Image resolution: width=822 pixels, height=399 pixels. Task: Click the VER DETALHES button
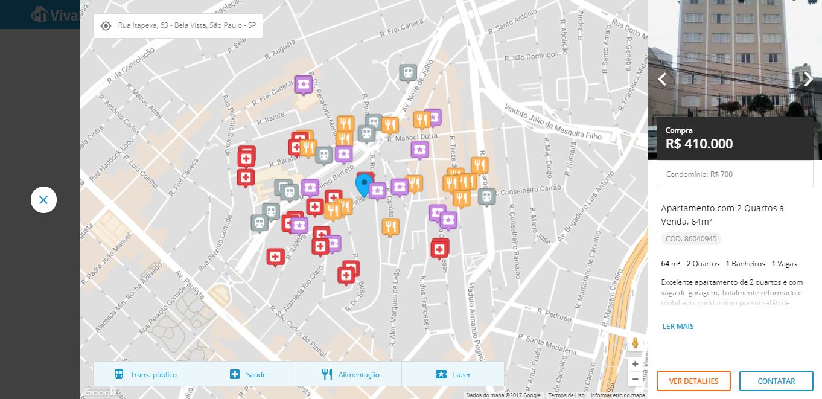693,381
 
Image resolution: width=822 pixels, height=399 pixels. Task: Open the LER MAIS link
678,327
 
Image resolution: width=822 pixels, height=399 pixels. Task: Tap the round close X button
43,200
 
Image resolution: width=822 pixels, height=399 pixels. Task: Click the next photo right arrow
808,79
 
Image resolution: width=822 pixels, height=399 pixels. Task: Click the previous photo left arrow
662,79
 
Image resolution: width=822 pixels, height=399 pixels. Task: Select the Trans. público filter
145,374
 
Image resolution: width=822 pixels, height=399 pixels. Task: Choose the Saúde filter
248,374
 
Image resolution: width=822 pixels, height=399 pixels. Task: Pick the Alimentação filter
351,374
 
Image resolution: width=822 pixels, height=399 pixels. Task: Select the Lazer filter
453,374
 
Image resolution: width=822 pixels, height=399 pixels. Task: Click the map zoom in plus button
635,364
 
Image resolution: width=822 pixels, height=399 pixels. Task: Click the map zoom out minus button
635,379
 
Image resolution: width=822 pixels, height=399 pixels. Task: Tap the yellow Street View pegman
635,343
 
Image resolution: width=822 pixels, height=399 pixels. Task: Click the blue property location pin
363,184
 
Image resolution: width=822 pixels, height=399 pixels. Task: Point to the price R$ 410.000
699,144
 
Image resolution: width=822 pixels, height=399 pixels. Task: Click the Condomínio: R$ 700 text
699,174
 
